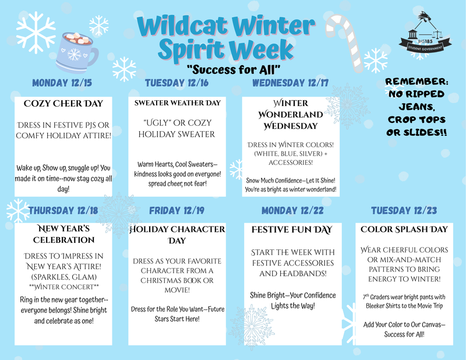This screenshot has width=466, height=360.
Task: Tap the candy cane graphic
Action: (x=344, y=41)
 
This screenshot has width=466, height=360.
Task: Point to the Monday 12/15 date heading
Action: (x=62, y=83)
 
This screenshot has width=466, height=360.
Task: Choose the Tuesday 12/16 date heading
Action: (x=176, y=83)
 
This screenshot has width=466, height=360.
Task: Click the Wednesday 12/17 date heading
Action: (x=290, y=83)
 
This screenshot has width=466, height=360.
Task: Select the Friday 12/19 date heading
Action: (x=177, y=210)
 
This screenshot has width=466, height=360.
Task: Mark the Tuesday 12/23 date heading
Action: (x=404, y=210)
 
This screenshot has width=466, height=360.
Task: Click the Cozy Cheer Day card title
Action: (x=63, y=104)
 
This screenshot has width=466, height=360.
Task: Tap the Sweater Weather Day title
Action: (x=177, y=103)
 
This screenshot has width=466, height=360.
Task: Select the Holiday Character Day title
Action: (x=177, y=235)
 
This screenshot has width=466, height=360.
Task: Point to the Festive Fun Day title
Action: (x=291, y=230)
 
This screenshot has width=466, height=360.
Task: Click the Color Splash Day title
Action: (x=404, y=230)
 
